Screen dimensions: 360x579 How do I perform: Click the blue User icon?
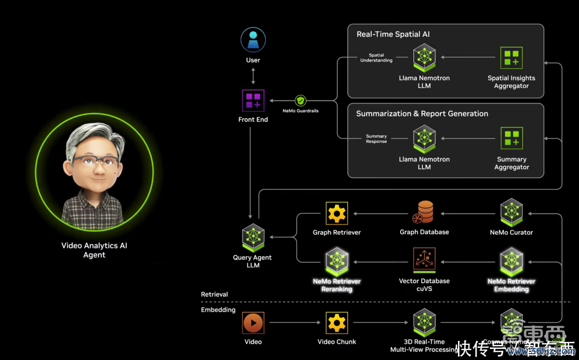click(253, 40)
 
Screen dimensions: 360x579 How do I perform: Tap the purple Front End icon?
click(253, 101)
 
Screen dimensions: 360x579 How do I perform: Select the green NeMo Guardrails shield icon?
click(300, 101)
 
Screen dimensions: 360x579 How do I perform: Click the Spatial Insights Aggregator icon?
click(511, 58)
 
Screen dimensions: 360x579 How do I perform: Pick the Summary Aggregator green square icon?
click(511, 139)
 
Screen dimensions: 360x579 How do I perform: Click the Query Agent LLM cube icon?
click(253, 237)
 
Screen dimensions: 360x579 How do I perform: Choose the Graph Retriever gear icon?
click(336, 213)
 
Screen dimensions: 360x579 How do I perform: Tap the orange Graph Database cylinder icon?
click(424, 212)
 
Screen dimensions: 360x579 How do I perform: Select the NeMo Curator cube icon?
click(511, 212)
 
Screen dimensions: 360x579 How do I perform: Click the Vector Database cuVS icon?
click(424, 260)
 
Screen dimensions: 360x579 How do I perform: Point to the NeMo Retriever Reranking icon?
click(336, 261)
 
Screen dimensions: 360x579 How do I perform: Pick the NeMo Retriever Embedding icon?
click(511, 261)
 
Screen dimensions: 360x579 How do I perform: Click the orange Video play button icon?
click(253, 322)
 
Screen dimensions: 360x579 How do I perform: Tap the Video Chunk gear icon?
click(336, 322)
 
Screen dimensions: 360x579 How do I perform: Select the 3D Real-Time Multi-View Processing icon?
click(424, 322)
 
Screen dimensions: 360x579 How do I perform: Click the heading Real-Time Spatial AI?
click(393, 34)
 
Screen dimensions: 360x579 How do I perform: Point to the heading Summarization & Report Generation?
click(422, 113)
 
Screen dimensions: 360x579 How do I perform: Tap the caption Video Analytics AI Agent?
click(94, 250)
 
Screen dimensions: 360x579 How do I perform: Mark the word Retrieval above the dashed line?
click(214, 295)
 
